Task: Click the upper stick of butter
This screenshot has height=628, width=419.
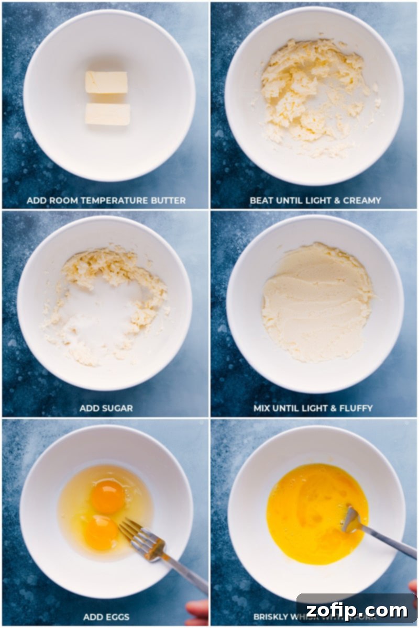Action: [x=106, y=82]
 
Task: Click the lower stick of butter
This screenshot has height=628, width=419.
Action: [x=107, y=114]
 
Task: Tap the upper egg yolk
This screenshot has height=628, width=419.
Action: [x=108, y=496]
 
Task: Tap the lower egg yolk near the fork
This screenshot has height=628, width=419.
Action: [x=101, y=533]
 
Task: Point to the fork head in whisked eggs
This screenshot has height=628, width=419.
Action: [x=351, y=521]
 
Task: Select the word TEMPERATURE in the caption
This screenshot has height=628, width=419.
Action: [x=109, y=200]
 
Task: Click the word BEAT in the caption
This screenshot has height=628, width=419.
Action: [x=261, y=200]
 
